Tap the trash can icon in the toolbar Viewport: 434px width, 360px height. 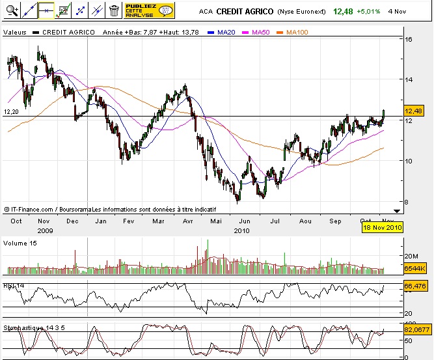click(114, 10)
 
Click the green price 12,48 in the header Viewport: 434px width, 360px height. click(344, 11)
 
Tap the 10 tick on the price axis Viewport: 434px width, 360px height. click(409, 161)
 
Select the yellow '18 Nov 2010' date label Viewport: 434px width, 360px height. click(383, 227)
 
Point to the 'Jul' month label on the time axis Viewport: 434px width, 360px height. click(276, 221)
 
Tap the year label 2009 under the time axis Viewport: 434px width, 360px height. click(44, 230)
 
